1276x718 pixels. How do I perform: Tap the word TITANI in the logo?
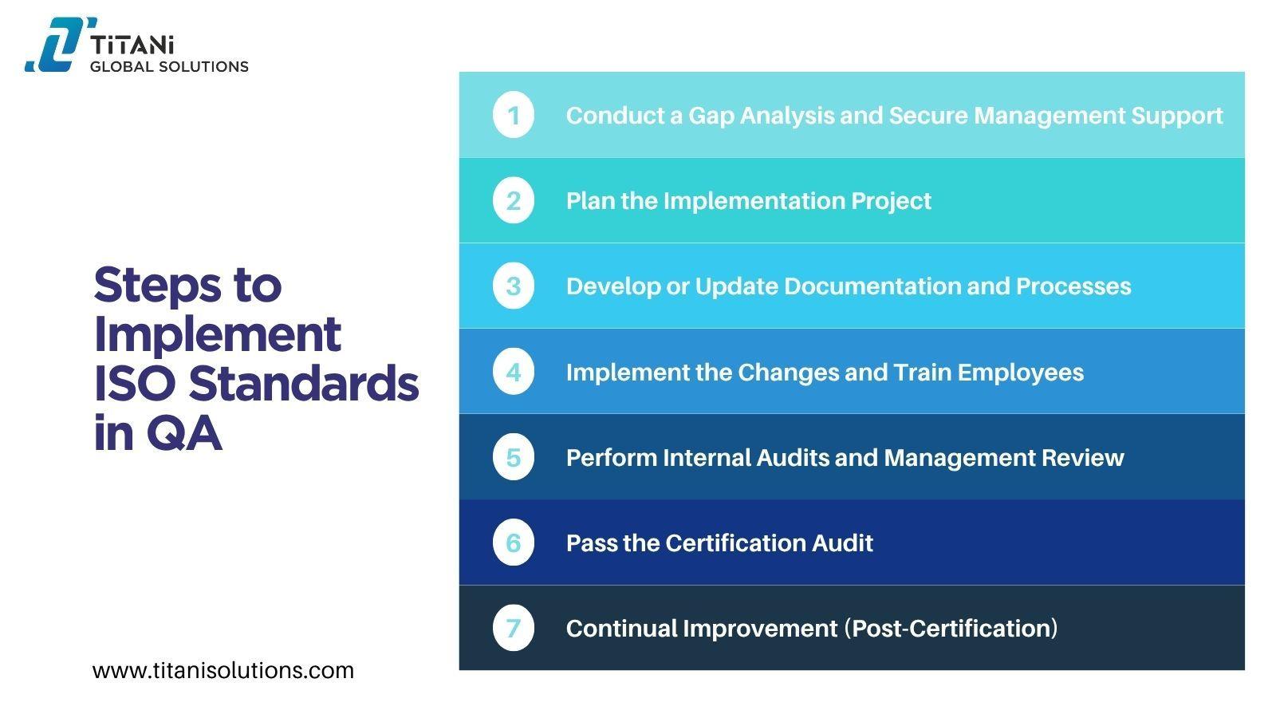(x=132, y=45)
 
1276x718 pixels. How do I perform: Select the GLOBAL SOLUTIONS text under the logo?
(x=169, y=67)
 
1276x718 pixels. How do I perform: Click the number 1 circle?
(x=514, y=115)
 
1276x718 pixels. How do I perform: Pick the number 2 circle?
(x=514, y=200)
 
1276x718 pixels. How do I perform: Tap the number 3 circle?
(x=514, y=286)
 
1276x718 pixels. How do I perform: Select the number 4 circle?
(x=514, y=372)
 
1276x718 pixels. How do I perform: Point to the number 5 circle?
(x=514, y=457)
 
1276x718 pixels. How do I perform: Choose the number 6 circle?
(x=514, y=542)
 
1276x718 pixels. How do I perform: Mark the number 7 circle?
(x=514, y=628)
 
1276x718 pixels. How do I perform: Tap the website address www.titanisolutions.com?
(x=223, y=671)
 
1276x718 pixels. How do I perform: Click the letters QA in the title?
(x=183, y=433)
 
